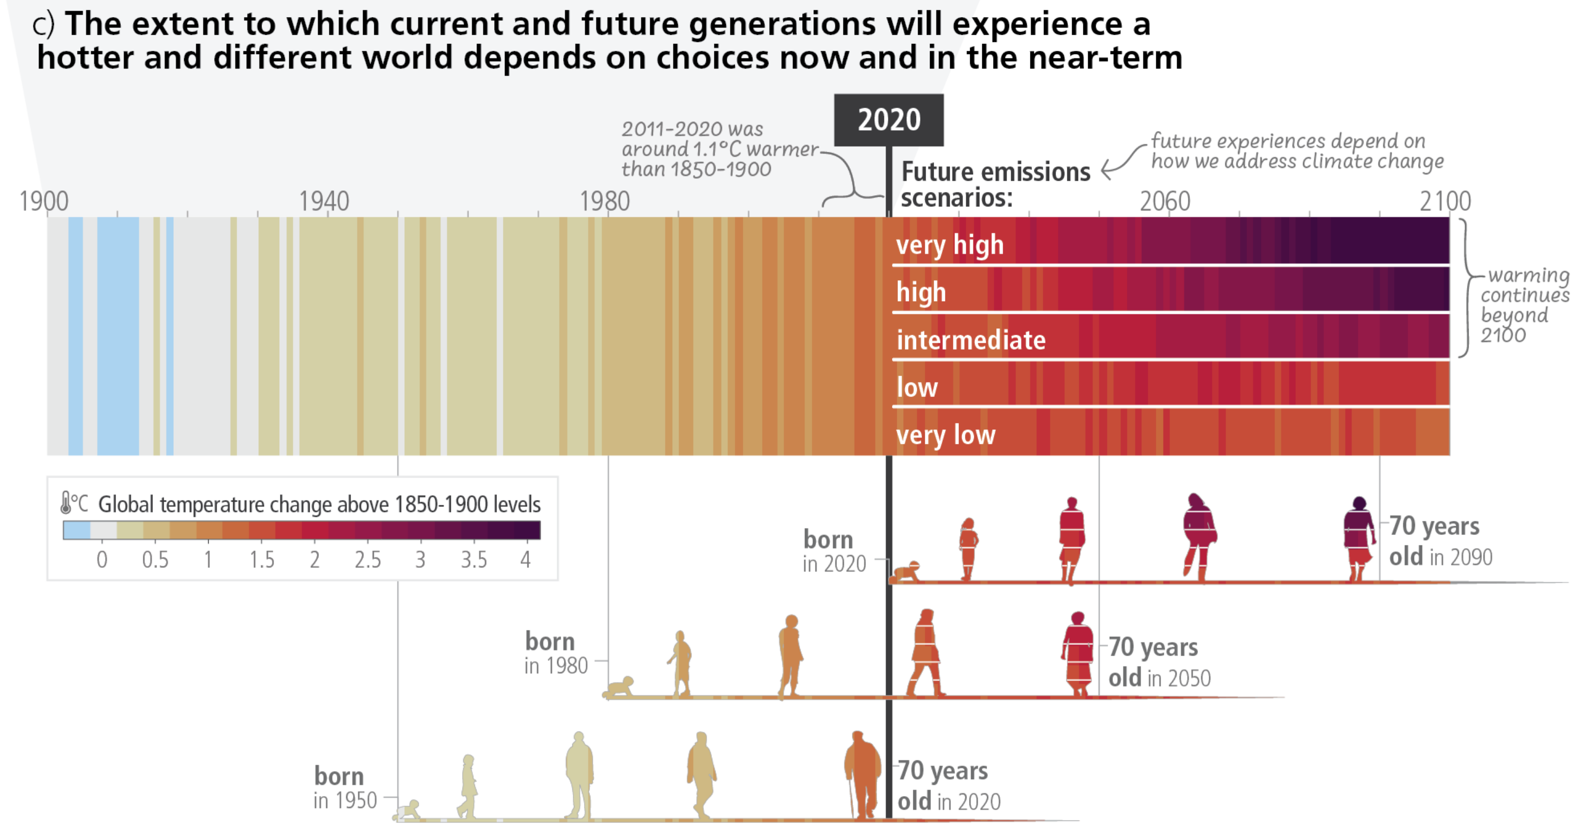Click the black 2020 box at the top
(888, 120)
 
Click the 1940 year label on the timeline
(324, 201)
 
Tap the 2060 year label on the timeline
(1164, 201)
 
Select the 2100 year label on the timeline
(1444, 201)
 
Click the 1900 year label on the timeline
(44, 201)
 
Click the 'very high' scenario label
(949, 245)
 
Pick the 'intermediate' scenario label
(970, 340)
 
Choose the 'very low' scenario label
(945, 435)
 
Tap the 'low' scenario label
(917, 388)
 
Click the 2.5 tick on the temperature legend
(367, 559)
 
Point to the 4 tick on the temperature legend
(525, 559)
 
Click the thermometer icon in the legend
(65, 503)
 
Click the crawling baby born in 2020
(906, 572)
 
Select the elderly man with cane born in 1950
(862, 775)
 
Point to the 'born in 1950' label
(344, 788)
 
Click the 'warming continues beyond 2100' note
(1524, 304)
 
